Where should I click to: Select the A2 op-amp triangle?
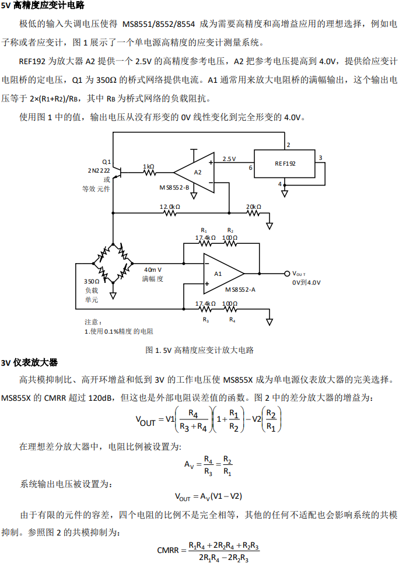(196, 172)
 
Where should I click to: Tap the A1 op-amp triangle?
(221, 273)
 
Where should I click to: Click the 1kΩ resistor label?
(149, 166)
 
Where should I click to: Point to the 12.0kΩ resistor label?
(170, 206)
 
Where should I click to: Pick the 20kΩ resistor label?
(254, 206)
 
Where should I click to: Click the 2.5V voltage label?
(229, 159)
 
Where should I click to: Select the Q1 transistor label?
(106, 161)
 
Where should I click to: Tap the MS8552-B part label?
(174, 187)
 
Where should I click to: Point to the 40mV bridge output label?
(153, 269)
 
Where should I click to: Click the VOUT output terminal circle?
(286, 273)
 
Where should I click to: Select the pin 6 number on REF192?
(250, 167)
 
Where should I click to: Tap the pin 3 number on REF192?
(320, 157)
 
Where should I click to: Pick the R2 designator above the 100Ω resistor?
(230, 230)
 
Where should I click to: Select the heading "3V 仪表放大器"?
(30, 362)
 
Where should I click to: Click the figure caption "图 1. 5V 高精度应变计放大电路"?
(199, 350)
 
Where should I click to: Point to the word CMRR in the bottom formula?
(169, 550)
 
